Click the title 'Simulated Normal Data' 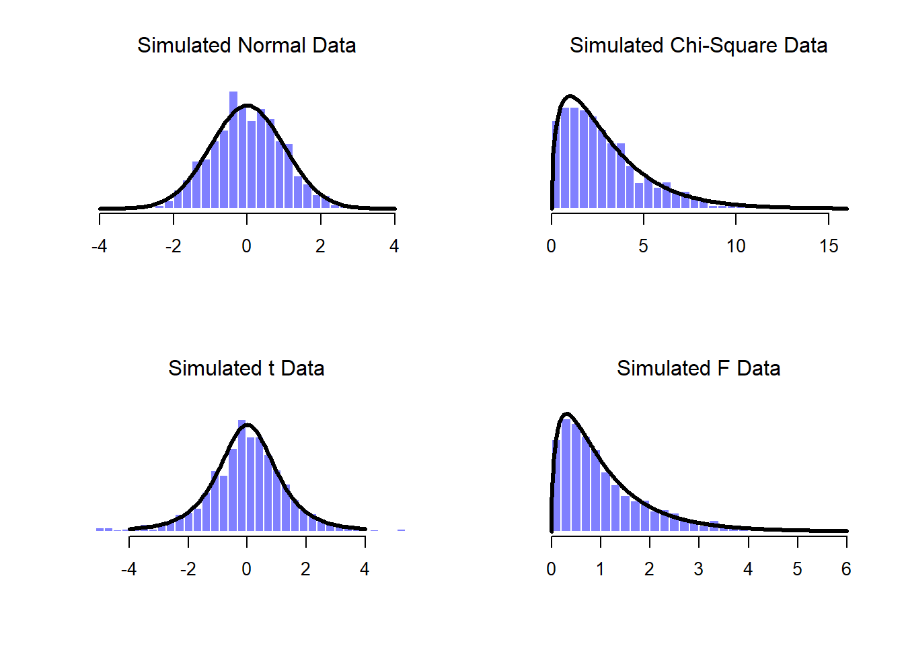click(246, 45)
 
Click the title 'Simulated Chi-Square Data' click(698, 45)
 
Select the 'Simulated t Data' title click(246, 368)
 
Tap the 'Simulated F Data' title click(698, 368)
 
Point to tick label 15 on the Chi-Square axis click(829, 246)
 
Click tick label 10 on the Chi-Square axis click(736, 246)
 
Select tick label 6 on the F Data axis click(846, 569)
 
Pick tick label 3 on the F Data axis click(699, 569)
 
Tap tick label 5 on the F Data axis click(797, 569)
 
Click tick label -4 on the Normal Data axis click(99, 246)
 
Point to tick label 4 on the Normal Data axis click(394, 246)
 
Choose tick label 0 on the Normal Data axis click(247, 246)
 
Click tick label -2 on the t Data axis click(188, 569)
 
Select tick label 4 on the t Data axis click(365, 569)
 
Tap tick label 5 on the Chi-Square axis click(644, 246)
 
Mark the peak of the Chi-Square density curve click(570, 96)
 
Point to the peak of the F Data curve click(567, 414)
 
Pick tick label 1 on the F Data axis click(600, 569)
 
